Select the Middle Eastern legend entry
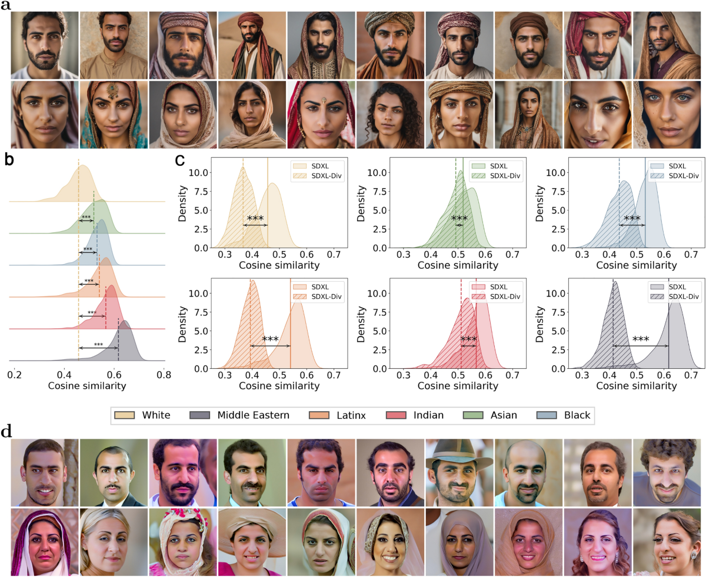(253, 415)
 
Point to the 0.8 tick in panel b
(164, 374)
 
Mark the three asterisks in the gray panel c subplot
(640, 339)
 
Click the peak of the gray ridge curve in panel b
(125, 338)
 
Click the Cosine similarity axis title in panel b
(86, 386)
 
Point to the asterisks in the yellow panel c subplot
(255, 219)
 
